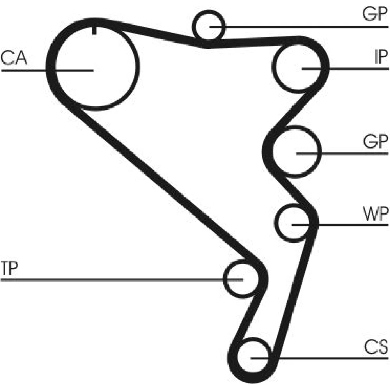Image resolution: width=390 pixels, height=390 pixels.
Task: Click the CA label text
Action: point(14,58)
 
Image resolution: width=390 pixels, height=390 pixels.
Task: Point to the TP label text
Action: point(10,269)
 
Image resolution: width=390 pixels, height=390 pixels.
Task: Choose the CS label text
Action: point(376,346)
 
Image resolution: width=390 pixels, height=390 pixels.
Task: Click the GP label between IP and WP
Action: point(375,142)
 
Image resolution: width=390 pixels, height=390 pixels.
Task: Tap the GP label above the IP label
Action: point(375,14)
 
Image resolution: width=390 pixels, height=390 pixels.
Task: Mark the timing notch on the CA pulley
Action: point(94,30)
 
